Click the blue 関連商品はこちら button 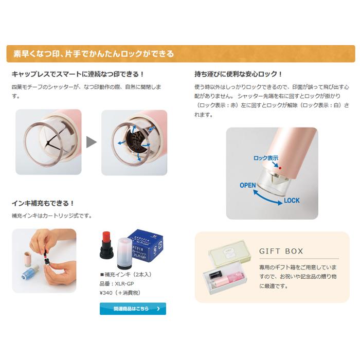(133, 309)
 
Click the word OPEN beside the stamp (247, 185)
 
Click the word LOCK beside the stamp (291, 201)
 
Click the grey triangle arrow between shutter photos (91, 142)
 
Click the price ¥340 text (120, 293)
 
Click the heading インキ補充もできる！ (43, 203)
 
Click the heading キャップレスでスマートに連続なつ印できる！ (78, 74)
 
